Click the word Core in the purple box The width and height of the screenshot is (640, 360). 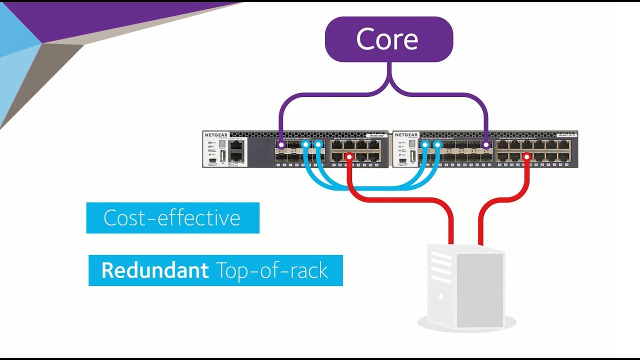(387, 39)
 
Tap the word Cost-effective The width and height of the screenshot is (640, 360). (172, 218)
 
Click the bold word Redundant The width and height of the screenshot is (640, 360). (155, 270)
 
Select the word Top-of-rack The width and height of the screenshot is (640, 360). (272, 270)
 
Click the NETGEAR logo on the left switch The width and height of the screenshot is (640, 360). (216, 135)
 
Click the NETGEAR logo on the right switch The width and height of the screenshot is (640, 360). (405, 135)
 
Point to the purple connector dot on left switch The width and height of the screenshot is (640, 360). (281, 145)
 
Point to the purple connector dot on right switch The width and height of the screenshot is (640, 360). (486, 145)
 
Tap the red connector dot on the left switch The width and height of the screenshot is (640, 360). (349, 157)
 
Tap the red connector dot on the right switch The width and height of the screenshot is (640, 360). (526, 157)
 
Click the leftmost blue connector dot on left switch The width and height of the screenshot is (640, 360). (305, 145)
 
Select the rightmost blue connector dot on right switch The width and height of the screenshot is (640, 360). (437, 145)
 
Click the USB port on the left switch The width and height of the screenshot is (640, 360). (222, 155)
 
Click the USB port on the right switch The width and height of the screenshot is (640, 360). (412, 155)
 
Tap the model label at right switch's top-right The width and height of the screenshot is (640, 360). (566, 135)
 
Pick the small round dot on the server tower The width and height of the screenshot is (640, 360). (440, 296)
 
